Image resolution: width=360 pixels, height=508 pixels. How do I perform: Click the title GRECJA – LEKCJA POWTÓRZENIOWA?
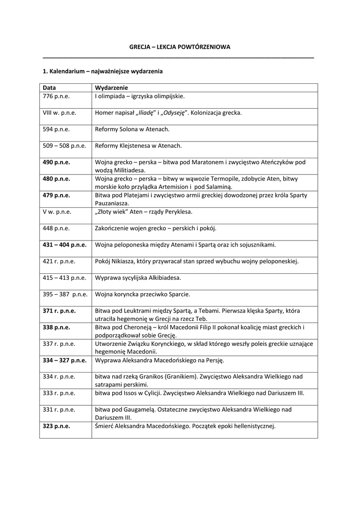[x=180, y=47]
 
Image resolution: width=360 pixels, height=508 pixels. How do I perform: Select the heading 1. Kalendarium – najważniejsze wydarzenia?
[x=103, y=71]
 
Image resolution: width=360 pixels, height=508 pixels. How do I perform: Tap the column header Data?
[x=49, y=88]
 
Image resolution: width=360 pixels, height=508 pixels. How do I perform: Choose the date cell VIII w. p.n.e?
[x=59, y=113]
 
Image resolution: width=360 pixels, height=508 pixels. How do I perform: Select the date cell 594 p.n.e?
[x=56, y=129]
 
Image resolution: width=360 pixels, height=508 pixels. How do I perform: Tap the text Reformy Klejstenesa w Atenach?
[x=139, y=146]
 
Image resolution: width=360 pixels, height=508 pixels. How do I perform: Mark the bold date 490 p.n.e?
[x=56, y=162]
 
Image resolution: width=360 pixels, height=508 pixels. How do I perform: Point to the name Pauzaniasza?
[x=112, y=203]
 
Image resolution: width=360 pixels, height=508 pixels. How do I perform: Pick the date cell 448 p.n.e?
[x=56, y=228]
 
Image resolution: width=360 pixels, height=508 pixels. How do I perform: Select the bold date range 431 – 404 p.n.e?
[x=65, y=245]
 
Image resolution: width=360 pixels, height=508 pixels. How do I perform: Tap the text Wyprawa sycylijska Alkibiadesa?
[x=138, y=277]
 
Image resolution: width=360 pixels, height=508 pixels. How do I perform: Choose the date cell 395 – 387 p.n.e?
[x=65, y=294]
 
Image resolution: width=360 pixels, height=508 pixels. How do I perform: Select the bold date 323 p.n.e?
[x=56, y=426]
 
